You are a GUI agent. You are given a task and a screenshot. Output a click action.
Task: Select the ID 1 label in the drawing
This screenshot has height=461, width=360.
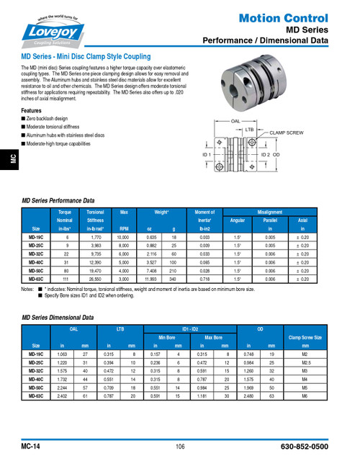206,155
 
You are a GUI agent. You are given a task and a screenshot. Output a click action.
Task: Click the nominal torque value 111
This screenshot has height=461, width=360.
68,278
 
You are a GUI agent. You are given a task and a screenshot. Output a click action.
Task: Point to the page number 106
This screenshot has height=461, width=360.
180,447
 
